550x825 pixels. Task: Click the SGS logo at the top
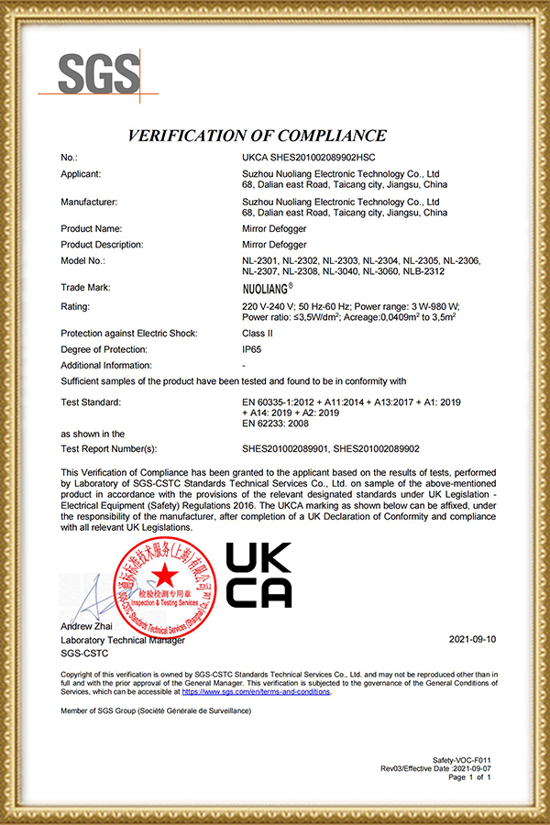tap(101, 73)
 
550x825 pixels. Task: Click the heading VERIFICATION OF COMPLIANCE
tap(258, 136)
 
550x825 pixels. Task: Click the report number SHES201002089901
tap(285, 448)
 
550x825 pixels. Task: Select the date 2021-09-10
tap(471, 638)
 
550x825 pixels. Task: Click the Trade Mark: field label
tap(85, 287)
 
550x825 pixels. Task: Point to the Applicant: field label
tap(81, 173)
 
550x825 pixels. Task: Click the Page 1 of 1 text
tap(470, 777)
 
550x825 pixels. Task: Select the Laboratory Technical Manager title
tap(115, 639)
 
